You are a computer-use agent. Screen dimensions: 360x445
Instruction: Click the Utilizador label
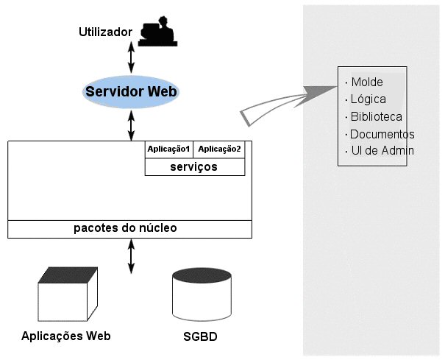104,32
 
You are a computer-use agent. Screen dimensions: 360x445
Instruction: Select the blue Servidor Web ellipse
132,92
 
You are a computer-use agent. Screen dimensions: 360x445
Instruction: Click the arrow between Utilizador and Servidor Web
132,56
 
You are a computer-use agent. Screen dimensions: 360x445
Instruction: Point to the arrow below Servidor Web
132,125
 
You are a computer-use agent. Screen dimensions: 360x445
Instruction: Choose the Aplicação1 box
169,149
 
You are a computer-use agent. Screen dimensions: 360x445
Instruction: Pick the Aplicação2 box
220,149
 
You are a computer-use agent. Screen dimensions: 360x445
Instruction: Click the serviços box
194,167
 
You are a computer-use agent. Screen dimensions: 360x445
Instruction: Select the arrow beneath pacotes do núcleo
132,255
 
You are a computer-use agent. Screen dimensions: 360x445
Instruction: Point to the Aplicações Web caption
66,336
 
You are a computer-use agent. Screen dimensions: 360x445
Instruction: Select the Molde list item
367,82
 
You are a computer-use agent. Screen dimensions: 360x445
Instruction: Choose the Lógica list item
368,99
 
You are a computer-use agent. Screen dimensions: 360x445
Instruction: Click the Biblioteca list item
375,116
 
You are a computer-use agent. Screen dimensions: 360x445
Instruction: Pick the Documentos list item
381,134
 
